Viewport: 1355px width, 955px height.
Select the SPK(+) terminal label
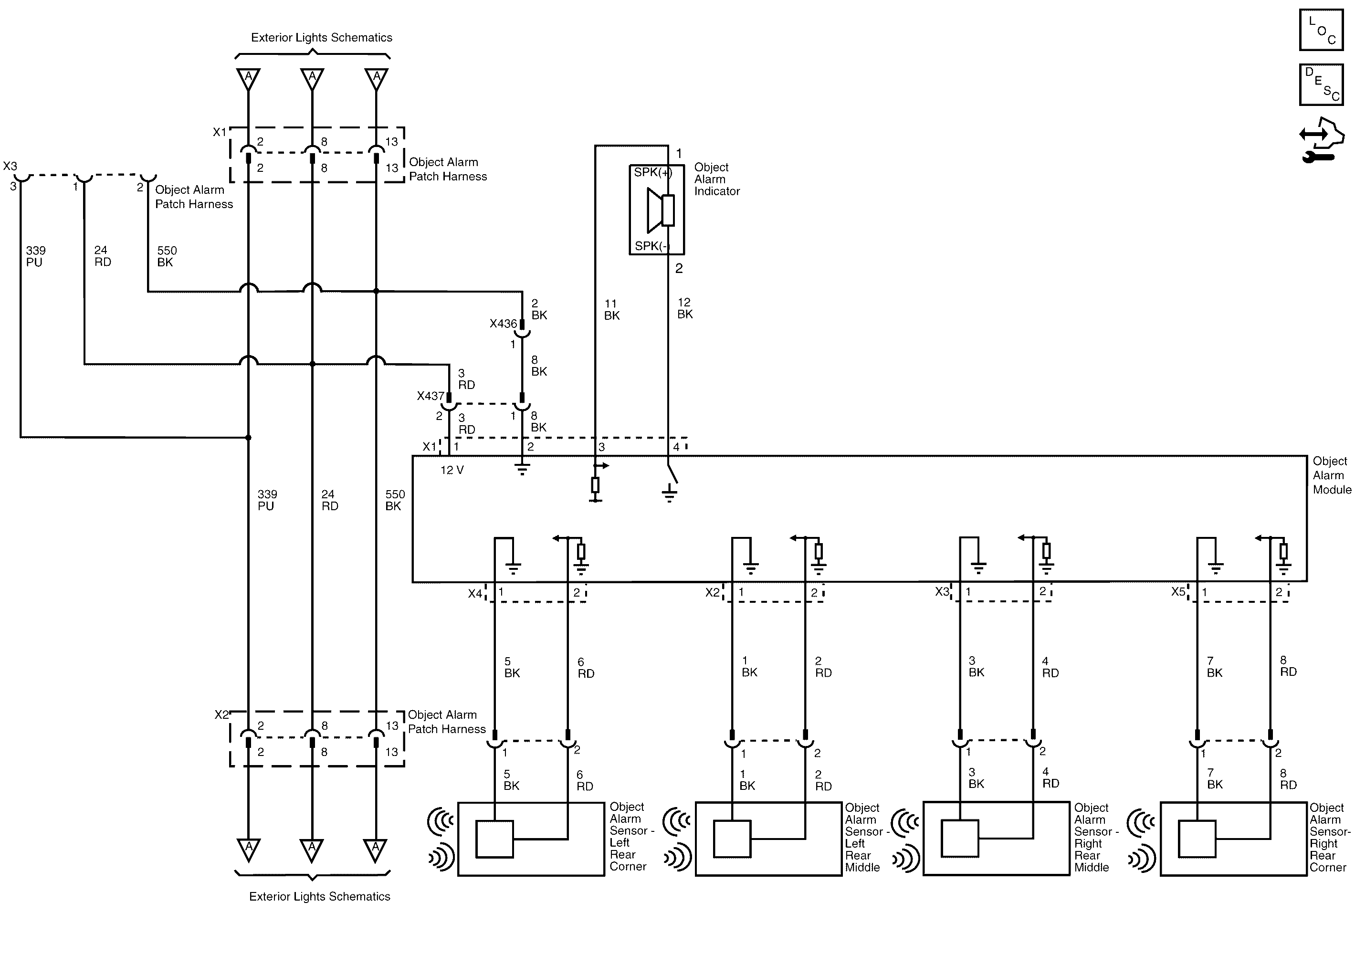(x=653, y=172)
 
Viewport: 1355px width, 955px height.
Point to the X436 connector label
(x=503, y=324)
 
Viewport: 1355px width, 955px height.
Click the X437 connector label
(x=430, y=396)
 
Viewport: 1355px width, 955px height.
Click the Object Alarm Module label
(x=1332, y=475)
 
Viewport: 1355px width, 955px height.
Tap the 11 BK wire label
(x=611, y=310)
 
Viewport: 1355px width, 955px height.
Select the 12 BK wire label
(x=684, y=309)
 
